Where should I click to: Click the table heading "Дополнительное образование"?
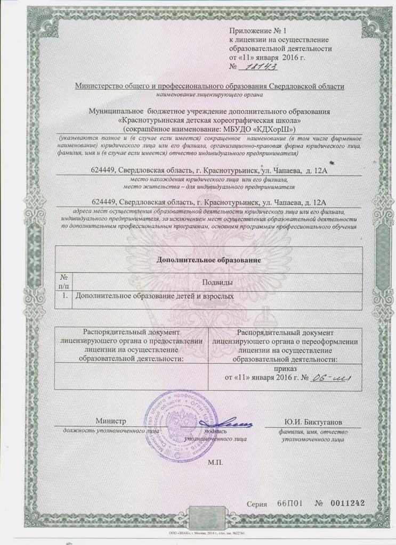coord(208,260)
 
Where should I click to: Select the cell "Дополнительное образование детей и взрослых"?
coord(155,294)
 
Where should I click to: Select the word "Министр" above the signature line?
coord(110,422)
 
